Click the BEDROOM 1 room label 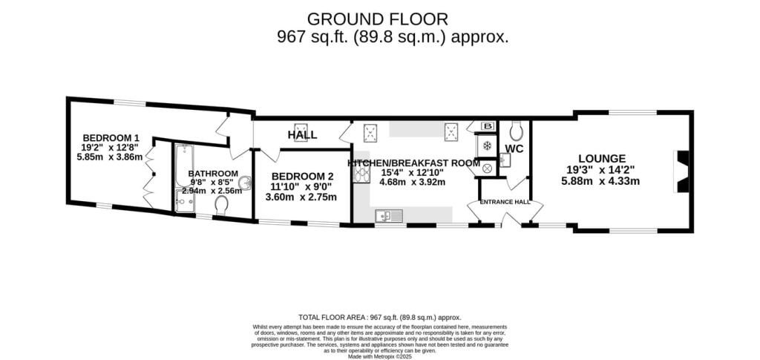(111, 137)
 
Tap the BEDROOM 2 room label (301, 176)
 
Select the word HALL (302, 135)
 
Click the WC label (514, 149)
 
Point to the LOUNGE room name (602, 158)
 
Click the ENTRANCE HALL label (505, 202)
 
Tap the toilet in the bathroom (220, 205)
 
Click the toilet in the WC (517, 131)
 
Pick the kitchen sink (389, 216)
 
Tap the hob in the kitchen (362, 175)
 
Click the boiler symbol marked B (489, 126)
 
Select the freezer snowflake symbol (488, 145)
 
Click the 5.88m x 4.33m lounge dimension (601, 181)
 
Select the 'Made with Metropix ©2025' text (379, 356)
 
